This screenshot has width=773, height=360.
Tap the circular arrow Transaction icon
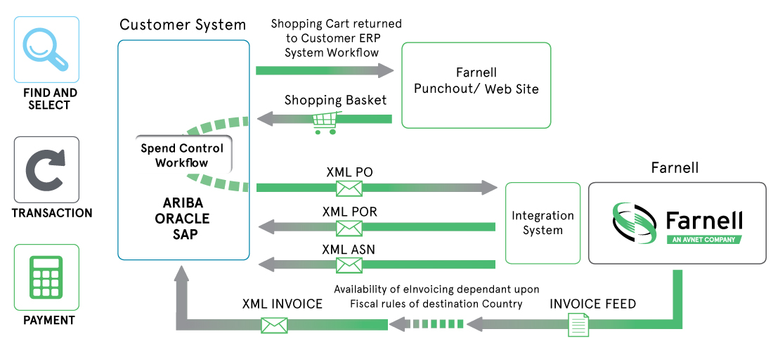tap(46, 169)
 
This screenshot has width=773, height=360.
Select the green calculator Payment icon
tap(46, 277)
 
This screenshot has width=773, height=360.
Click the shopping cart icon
tap(323, 122)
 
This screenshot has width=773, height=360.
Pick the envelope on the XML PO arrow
tap(349, 188)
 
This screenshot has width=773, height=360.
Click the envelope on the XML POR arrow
tap(349, 227)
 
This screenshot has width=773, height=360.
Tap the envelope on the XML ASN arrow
tap(349, 264)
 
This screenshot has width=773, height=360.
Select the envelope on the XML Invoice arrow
tap(275, 324)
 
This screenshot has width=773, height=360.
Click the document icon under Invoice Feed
tap(578, 324)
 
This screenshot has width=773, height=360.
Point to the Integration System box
tap(543, 223)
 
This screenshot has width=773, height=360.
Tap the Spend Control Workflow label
tap(182, 155)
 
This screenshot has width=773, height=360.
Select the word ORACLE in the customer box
tap(182, 219)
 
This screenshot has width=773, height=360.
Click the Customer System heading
tap(183, 25)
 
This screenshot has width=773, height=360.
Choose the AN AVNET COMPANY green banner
tap(704, 240)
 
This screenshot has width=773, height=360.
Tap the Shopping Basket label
tap(335, 101)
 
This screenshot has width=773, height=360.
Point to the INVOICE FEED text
tap(593, 304)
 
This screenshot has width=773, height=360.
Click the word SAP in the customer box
tap(183, 234)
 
